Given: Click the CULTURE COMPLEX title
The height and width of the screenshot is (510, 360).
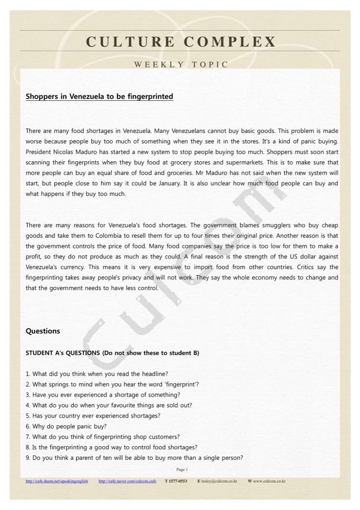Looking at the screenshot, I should [x=181, y=42].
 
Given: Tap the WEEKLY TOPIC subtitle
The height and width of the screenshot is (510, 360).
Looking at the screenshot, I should [x=181, y=65].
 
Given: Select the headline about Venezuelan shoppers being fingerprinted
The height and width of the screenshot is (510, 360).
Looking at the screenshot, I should [x=99, y=97].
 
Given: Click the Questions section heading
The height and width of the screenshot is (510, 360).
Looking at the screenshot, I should [x=43, y=331].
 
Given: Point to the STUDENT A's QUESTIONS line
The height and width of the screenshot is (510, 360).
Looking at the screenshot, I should [x=112, y=353].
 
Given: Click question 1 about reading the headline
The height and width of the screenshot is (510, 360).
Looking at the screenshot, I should [x=97, y=374].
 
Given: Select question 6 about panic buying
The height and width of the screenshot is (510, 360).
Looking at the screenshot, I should [x=66, y=426].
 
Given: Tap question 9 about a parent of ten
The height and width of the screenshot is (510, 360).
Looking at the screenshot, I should [x=134, y=458].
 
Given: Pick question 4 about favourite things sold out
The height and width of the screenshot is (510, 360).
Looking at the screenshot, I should [x=109, y=405].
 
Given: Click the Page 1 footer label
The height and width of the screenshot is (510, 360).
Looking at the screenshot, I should [x=182, y=469].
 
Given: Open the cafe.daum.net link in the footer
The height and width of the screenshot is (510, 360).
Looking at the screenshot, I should [x=57, y=481].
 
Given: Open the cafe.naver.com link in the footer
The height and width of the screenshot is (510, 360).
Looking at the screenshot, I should [x=127, y=481].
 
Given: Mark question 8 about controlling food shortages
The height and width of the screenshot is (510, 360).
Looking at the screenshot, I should [x=112, y=447].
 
